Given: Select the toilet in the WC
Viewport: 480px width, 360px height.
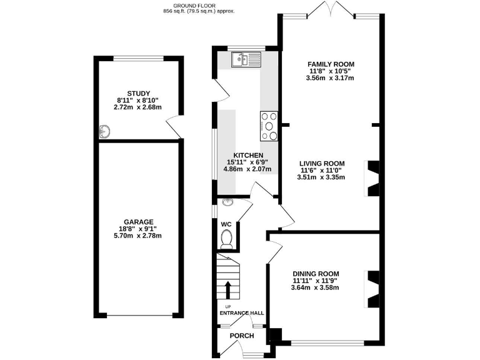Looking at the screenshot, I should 228,238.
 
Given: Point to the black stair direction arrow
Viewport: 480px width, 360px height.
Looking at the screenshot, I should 227,291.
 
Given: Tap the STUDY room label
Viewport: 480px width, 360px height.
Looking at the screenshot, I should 137,93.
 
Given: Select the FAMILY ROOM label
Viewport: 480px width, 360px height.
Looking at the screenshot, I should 331,64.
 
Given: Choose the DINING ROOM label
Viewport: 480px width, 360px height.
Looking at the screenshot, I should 316,274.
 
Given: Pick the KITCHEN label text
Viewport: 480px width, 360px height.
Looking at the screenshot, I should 248,155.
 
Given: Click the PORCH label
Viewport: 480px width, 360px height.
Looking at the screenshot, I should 242,336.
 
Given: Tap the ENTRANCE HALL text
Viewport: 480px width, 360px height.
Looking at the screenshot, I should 241,313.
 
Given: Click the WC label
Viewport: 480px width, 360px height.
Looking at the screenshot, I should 226,224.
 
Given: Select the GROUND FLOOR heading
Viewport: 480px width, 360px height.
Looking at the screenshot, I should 198,5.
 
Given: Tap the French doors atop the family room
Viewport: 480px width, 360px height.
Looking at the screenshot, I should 331,9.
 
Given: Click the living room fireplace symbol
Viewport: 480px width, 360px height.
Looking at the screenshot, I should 373,177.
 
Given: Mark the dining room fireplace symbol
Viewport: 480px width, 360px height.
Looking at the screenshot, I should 373,289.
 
